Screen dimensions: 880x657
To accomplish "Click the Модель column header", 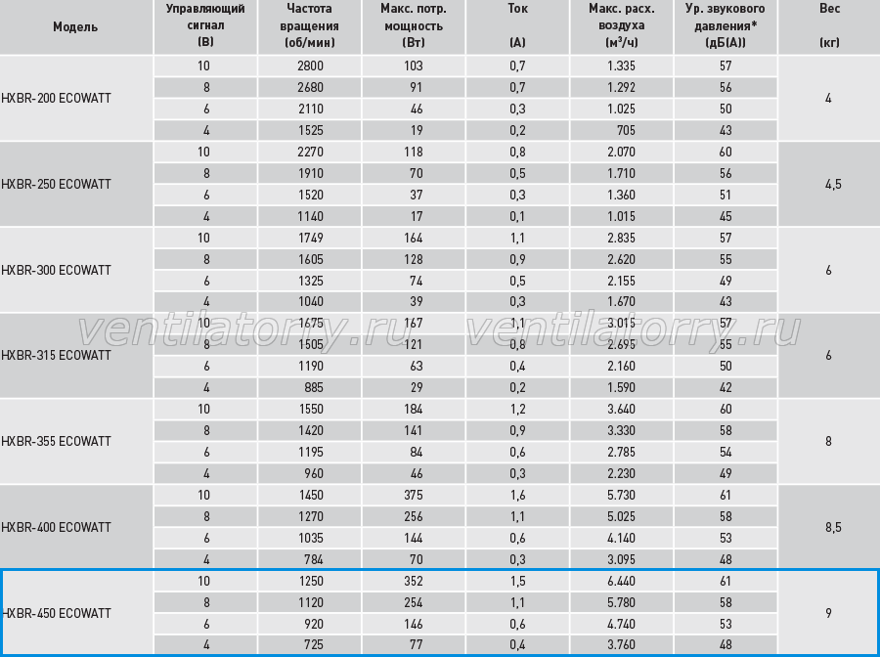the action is pos(75,27).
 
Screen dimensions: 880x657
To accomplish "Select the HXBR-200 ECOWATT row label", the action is pos(56,98).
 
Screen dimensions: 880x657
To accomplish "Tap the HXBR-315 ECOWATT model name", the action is pos(56,355).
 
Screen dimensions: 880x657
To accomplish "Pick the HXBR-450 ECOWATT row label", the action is pos(56,613).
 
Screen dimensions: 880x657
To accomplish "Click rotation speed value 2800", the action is pos(310,66).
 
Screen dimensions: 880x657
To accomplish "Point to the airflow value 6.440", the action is pos(621,582).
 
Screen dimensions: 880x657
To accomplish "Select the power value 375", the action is pos(413,495).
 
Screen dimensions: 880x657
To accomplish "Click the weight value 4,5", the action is pos(833,184).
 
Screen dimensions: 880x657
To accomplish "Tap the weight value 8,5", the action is pos(833,527).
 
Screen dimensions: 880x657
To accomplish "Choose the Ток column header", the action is pos(517,9).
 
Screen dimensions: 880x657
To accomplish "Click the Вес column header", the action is pos(829,9).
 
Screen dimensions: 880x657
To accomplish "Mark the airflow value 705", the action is pos(626,131).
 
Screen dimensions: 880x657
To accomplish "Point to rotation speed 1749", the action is pos(311,238).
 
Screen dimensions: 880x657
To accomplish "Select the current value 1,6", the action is pos(517,495).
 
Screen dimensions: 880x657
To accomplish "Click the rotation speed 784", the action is pos(314,559).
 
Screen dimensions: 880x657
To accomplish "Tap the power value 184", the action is pos(413,409).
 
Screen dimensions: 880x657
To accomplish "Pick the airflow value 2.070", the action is pos(621,153).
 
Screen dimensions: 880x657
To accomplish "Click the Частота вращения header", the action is pos(309,25).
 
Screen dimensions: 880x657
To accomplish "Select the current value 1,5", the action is pos(517,582).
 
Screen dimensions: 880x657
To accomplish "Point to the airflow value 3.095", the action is pos(621,559).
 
